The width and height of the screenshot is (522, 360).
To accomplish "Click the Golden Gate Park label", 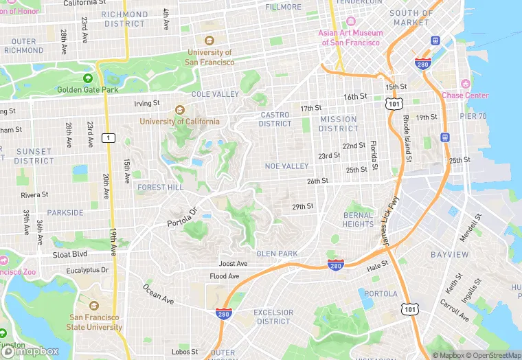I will [88, 89].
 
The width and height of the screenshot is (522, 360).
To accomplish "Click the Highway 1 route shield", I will [107, 138].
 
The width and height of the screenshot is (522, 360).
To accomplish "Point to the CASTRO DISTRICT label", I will [275, 120].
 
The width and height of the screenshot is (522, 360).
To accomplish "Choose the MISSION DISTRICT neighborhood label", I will [339, 124].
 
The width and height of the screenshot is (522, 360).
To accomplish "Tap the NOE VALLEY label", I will [286, 166].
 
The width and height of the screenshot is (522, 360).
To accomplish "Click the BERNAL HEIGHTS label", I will [358, 220].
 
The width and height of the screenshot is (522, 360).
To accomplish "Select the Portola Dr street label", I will [182, 218].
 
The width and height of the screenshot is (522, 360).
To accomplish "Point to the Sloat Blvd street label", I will [70, 254].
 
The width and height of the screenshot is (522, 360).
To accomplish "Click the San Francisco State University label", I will [95, 322].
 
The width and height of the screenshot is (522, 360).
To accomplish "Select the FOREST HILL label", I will [160, 187].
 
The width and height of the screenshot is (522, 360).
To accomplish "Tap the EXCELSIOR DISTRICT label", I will [273, 317].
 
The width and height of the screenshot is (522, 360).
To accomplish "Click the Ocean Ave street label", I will [158, 293].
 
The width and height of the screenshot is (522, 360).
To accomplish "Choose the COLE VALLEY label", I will [215, 94].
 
